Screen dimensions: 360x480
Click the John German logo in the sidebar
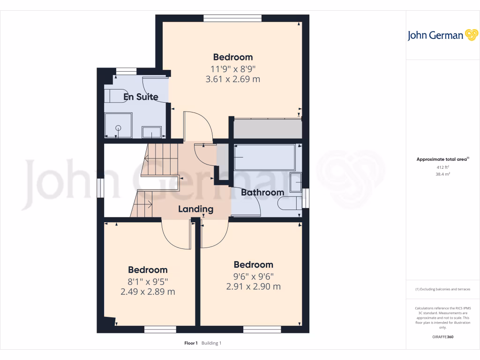(442, 35)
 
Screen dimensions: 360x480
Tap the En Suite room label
(141, 97)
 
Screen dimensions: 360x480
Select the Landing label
(195, 209)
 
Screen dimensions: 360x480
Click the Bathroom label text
(262, 192)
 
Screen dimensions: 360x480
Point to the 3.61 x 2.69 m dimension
(233, 79)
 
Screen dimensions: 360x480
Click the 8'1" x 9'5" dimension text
(148, 281)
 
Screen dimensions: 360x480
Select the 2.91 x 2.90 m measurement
(254, 286)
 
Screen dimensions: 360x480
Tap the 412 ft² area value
(442, 167)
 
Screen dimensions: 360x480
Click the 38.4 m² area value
(442, 174)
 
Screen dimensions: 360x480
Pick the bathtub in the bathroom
(264, 157)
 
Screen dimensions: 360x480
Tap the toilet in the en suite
(115, 95)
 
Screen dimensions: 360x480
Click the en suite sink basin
(152, 132)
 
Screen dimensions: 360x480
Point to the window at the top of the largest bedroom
(232, 18)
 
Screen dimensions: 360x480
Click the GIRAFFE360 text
(442, 337)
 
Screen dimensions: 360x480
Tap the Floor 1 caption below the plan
(191, 343)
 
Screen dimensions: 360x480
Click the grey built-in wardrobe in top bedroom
(267, 128)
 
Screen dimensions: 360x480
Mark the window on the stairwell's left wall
(100, 188)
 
